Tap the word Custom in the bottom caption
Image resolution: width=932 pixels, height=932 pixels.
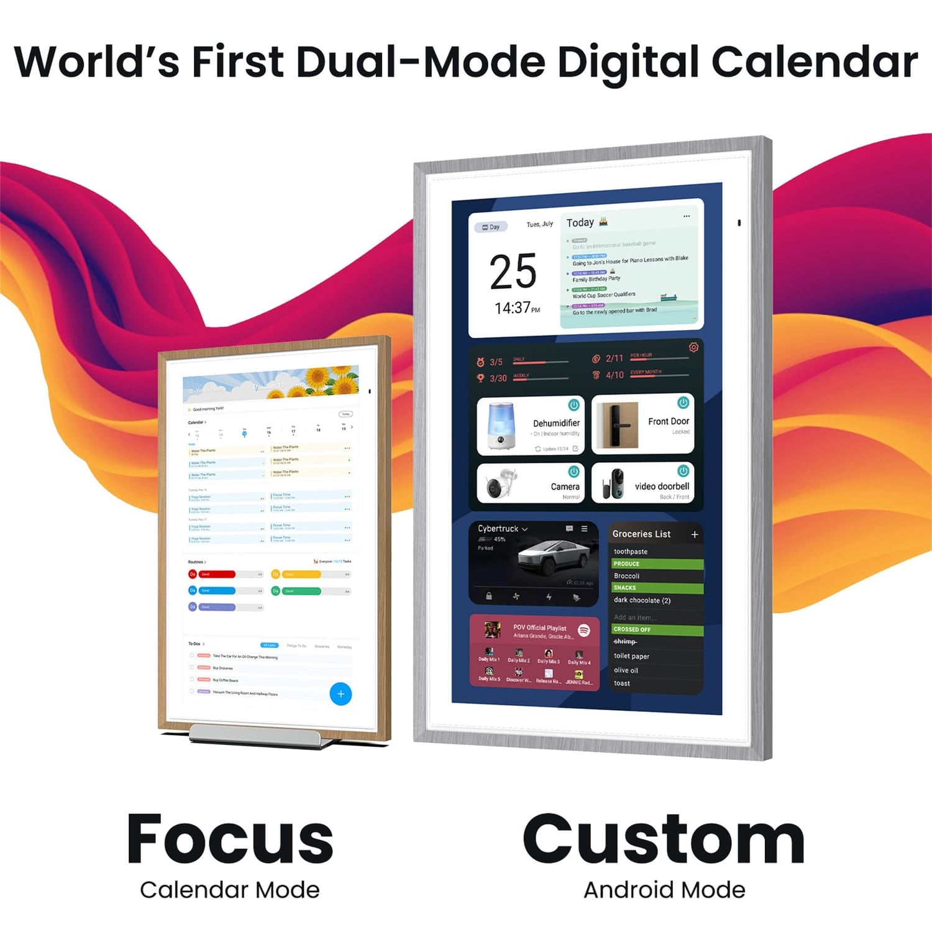click(664, 840)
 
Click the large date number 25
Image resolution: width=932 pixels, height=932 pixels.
click(513, 272)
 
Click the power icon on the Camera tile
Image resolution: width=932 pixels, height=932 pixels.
click(573, 472)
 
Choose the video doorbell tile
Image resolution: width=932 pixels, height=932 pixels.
click(642, 483)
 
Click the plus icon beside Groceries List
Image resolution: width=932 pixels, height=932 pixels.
click(695, 534)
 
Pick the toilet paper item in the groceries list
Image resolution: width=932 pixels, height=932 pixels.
click(631, 656)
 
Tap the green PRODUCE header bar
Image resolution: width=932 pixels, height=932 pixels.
click(657, 564)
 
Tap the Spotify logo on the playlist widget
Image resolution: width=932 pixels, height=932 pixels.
click(583, 630)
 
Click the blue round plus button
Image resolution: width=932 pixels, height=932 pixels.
click(340, 694)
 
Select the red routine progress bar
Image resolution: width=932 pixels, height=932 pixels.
click(217, 574)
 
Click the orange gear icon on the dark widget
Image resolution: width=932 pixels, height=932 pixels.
click(693, 347)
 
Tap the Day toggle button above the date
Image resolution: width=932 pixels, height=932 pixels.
click(491, 227)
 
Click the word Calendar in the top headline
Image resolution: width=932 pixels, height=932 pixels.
click(814, 62)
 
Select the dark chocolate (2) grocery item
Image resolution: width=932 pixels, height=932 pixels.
click(642, 600)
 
